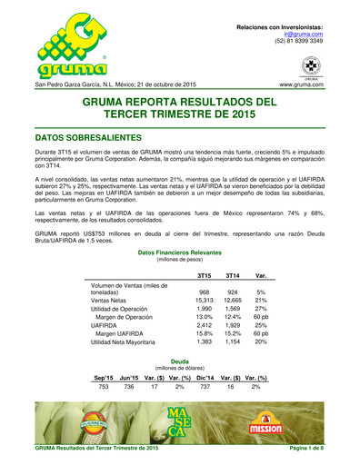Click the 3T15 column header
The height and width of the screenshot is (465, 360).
[205, 274]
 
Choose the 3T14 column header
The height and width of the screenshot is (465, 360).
[232, 274]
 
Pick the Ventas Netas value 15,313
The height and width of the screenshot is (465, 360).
[204, 299]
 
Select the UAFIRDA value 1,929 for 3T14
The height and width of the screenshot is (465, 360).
[232, 323]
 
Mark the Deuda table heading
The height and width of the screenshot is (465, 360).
[180, 361]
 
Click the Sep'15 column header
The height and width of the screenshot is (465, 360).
[105, 376]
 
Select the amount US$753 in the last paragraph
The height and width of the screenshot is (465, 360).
[105, 232]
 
